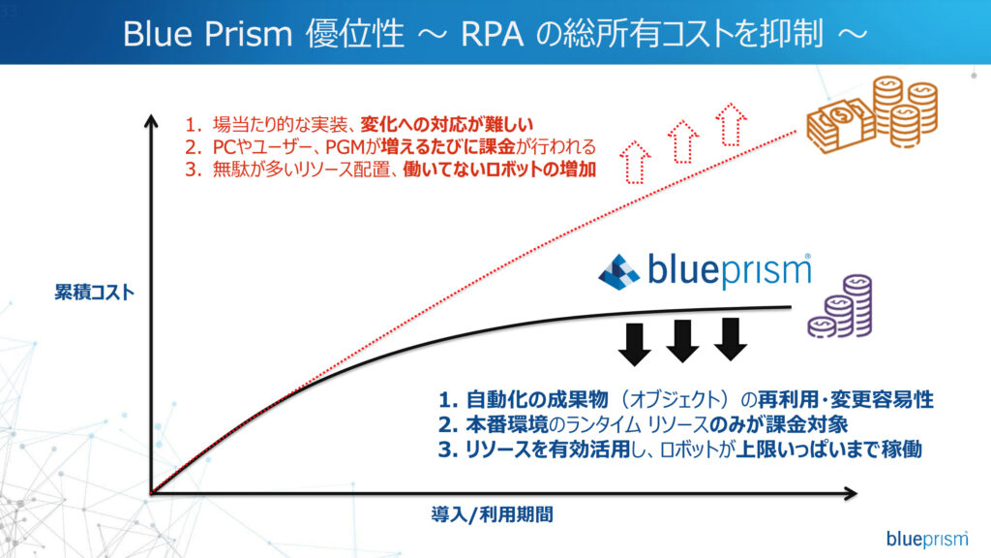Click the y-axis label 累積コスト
tap(94, 293)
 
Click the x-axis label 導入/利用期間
tap(492, 514)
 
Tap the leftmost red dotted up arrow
tap(635, 163)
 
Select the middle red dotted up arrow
tap(682, 141)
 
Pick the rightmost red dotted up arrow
tap(732, 125)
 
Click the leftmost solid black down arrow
tap(635, 345)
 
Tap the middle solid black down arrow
tap(682, 341)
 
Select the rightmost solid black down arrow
tap(731, 339)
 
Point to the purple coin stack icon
tap(841, 306)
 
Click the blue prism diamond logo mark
tap(618, 272)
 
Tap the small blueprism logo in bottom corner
tap(926, 539)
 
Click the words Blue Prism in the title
tap(207, 34)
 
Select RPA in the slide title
tap(493, 34)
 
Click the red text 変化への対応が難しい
tap(447, 124)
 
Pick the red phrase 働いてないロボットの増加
tap(499, 170)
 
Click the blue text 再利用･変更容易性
tap(846, 400)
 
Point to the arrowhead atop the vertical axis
tap(151, 121)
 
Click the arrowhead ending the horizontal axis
tap(850, 493)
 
